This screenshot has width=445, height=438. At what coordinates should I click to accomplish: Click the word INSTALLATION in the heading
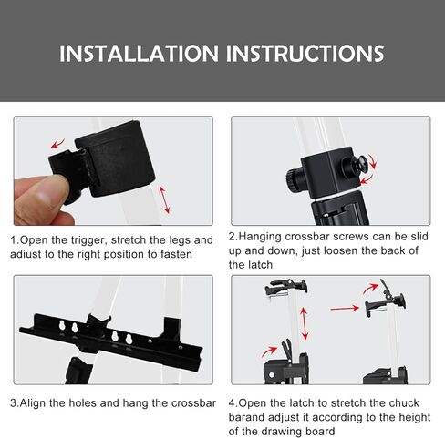(x=139, y=54)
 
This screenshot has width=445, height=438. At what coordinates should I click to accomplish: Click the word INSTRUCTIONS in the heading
(x=305, y=54)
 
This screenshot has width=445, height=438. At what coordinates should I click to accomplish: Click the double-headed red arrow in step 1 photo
(x=164, y=200)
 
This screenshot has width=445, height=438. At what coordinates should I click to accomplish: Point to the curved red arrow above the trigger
(x=57, y=143)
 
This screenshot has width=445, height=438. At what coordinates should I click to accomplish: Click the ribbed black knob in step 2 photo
(x=294, y=180)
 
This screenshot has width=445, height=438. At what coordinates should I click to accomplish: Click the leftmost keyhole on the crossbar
(x=62, y=326)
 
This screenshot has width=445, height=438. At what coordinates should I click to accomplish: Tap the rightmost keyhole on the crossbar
(x=129, y=339)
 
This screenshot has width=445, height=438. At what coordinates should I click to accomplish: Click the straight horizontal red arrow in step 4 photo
(x=345, y=309)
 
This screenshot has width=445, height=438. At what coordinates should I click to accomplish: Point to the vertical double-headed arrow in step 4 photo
(x=305, y=323)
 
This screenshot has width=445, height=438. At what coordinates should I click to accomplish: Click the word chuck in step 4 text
(x=404, y=403)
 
